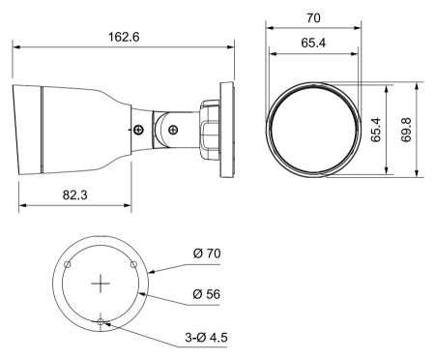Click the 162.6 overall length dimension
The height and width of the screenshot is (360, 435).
pos(127,35)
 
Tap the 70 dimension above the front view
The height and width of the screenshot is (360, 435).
pos(312,18)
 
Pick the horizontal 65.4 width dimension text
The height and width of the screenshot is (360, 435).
pos(312,44)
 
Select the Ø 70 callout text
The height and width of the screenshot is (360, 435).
pos(207,255)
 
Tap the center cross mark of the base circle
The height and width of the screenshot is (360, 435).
pos(101,284)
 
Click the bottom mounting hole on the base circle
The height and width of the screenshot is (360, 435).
pos(101,322)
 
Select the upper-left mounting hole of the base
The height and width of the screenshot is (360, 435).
pos(68,264)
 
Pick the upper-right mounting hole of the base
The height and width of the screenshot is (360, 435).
pos(134,264)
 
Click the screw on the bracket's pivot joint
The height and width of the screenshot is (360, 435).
pos(171,125)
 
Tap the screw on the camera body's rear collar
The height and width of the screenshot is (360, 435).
pos(139,130)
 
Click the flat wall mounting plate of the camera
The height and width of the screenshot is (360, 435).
pos(230,125)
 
